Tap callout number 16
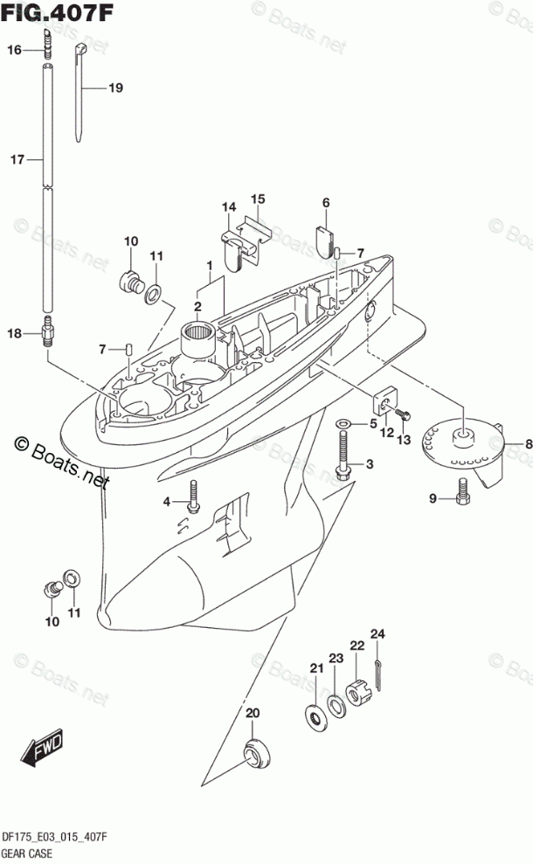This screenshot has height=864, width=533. point(15,51)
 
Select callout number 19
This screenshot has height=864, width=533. point(115,87)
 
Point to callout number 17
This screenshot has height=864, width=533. point(15,160)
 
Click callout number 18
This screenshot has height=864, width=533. point(15,333)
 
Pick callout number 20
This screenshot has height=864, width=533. point(253,713)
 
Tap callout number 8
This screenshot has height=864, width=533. point(527,445)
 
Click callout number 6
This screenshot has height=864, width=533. point(326,203)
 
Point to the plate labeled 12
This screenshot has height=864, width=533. point(385,401)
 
